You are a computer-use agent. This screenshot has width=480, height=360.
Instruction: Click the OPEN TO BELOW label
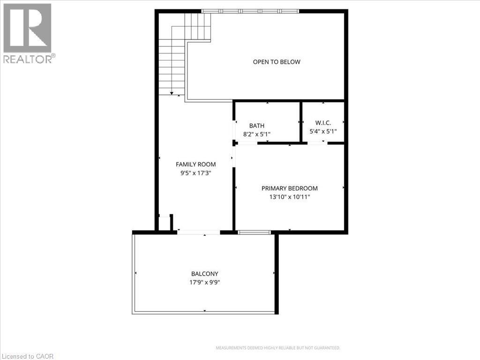(277, 62)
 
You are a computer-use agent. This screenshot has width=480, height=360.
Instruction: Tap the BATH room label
(256, 126)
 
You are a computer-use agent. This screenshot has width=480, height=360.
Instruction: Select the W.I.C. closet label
(323, 123)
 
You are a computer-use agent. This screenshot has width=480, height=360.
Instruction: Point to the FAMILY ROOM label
(195, 164)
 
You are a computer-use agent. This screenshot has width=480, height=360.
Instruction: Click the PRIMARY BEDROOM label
(289, 188)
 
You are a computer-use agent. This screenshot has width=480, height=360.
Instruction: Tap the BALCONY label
(204, 274)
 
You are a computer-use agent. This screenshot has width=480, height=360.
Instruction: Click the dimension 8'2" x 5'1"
(256, 134)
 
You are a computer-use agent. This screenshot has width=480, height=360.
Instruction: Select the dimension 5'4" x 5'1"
(323, 132)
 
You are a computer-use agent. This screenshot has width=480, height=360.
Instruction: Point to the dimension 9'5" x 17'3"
(195, 172)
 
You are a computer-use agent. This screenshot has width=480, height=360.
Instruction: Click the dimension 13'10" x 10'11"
(289, 197)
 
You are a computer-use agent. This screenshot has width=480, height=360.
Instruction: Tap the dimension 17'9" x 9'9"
(204, 283)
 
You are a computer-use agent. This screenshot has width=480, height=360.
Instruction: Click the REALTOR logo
(28, 33)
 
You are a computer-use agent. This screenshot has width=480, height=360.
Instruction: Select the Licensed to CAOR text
(27, 356)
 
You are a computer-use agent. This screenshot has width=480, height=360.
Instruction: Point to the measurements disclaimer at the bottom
(277, 348)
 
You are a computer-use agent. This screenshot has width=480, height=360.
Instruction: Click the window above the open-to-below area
(250, 11)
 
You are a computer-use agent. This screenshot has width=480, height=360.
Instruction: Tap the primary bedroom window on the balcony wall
(255, 232)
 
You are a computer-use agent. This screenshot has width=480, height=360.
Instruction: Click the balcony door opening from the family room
(199, 232)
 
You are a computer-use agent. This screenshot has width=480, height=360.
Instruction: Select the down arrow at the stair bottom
(172, 94)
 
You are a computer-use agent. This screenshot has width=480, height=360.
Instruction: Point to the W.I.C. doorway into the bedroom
(317, 142)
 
